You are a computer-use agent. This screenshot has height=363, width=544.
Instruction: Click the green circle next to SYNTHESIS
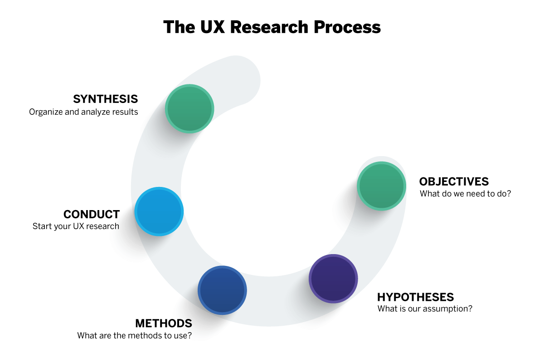189,108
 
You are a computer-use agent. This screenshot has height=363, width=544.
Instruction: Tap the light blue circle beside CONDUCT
159,211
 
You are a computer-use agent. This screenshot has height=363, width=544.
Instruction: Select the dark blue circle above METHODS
222,290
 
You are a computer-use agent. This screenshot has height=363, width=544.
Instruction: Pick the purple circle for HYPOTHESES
333,279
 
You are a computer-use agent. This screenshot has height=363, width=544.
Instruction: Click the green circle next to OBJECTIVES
381,186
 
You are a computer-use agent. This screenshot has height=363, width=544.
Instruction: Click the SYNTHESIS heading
105,99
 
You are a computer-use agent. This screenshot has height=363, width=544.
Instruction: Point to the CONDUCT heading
92,214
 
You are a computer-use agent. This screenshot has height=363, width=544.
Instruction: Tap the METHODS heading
164,324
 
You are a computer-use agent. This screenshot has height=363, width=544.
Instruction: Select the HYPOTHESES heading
415,297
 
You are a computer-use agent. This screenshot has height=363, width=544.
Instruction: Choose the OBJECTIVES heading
454,182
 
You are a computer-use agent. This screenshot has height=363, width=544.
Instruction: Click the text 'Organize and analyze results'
83,112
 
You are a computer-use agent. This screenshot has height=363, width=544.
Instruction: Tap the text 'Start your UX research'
76,226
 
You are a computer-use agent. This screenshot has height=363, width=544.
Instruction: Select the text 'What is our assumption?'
425,309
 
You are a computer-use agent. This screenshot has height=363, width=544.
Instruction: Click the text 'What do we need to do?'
466,194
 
